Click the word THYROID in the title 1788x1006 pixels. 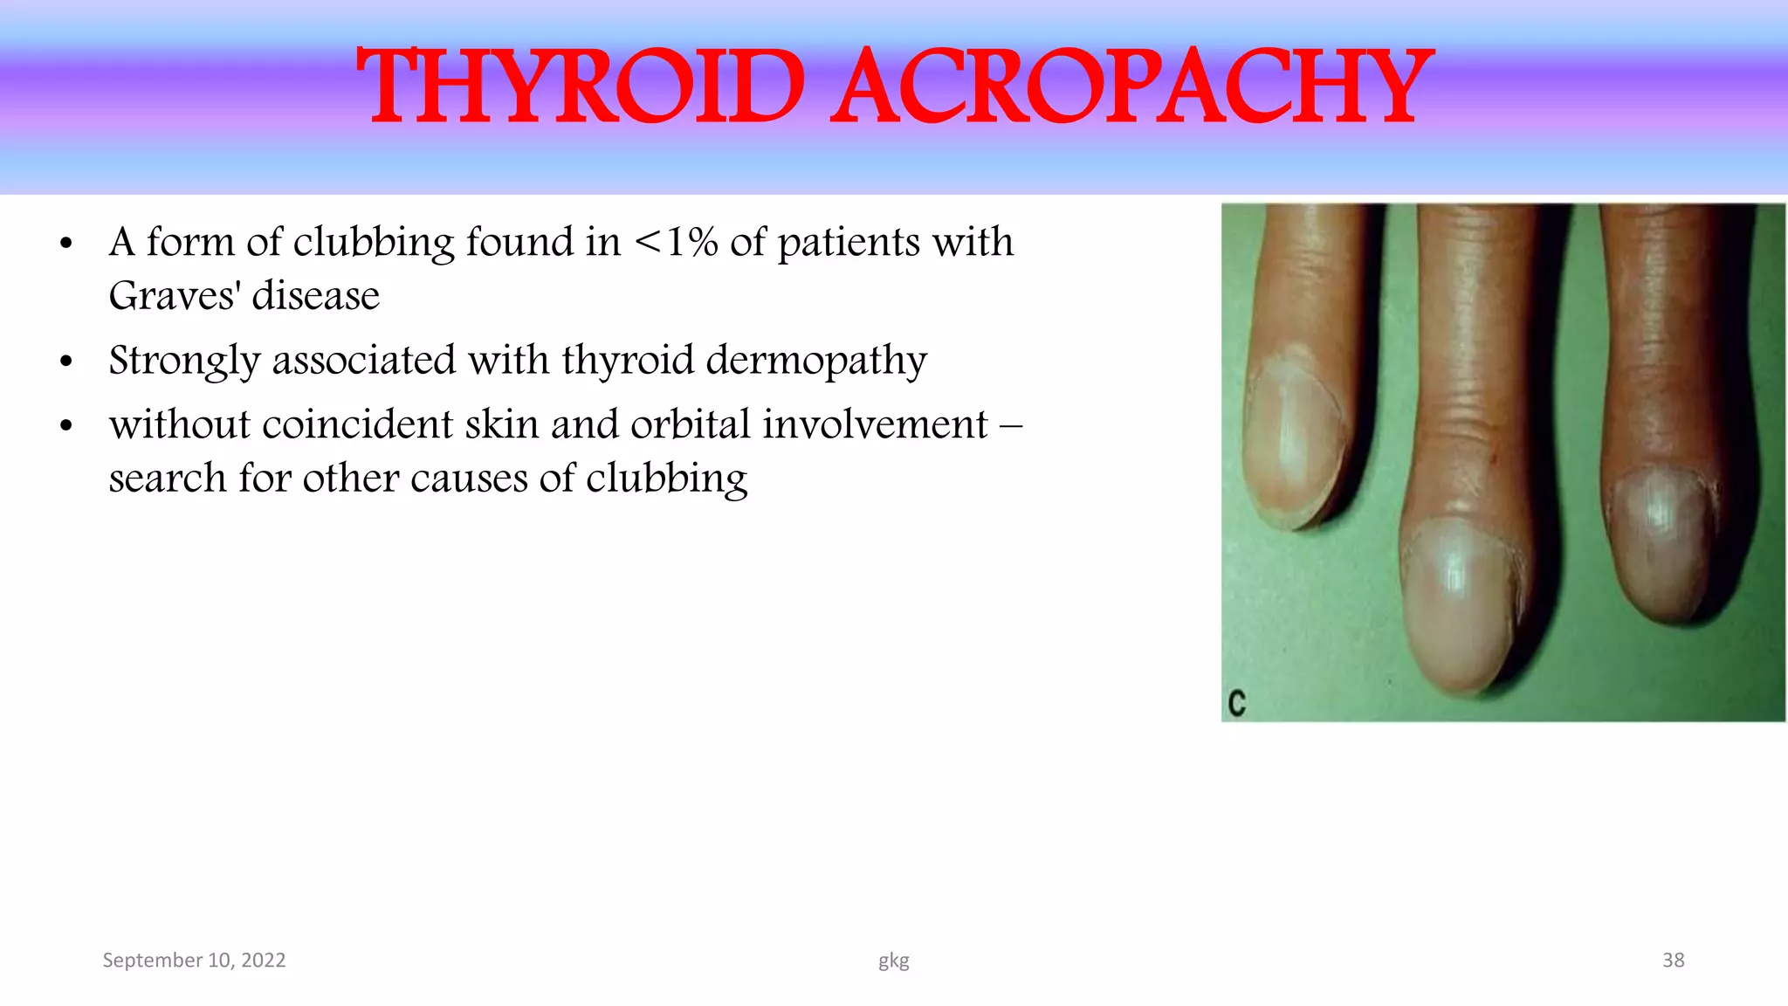[x=581, y=87]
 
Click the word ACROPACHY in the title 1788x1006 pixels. [x=1131, y=87]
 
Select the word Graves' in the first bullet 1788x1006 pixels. [x=174, y=296]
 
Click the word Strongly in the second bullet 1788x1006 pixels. [x=184, y=361]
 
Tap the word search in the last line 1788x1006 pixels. [x=167, y=479]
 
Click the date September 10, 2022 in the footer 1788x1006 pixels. [x=194, y=961]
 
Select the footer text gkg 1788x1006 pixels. [x=893, y=961]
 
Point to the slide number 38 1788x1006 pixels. [x=1673, y=961]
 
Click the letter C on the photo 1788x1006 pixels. [x=1236, y=703]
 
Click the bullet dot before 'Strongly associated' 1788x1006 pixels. [x=66, y=362]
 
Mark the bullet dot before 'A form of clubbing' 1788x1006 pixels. [x=66, y=244]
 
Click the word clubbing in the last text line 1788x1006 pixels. [x=666, y=479]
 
